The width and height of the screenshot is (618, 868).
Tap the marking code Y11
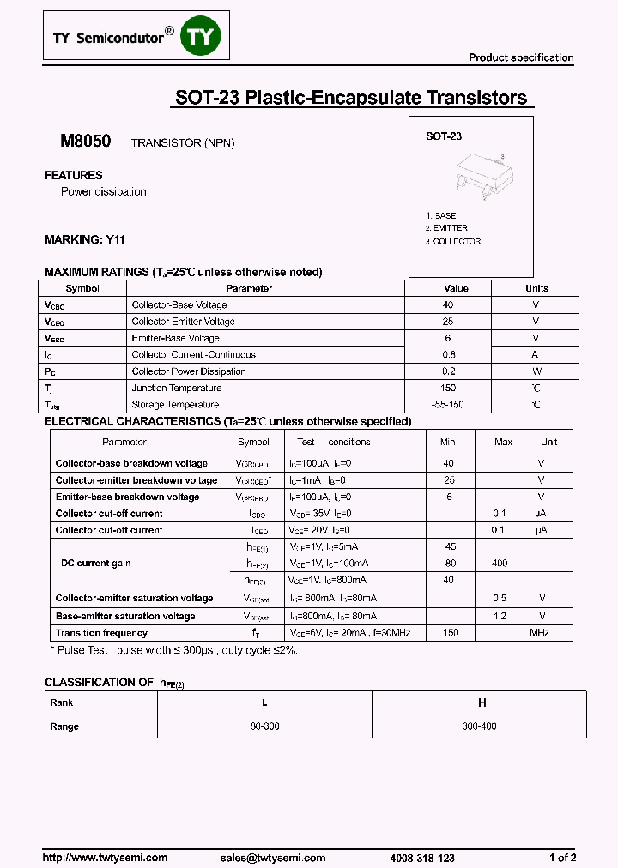tap(115, 240)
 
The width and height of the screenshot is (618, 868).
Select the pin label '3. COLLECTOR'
tap(454, 241)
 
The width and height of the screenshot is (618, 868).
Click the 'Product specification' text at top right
tap(521, 57)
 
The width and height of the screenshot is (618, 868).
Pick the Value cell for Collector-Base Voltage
tap(448, 305)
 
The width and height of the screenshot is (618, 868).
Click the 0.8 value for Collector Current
tap(448, 355)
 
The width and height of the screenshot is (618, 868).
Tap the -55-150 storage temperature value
tap(448, 405)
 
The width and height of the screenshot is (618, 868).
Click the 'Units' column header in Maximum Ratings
tap(536, 289)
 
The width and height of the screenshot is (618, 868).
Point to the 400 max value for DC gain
tap(500, 564)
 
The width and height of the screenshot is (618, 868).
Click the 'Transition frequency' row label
tap(101, 633)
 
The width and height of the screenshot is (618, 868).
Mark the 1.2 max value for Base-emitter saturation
tap(500, 616)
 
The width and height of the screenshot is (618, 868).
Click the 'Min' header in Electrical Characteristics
tap(448, 443)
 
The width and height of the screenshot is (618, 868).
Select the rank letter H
tap(482, 702)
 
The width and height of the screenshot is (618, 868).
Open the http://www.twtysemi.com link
tap(106, 858)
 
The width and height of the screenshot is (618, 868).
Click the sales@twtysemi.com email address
tap(272, 858)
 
